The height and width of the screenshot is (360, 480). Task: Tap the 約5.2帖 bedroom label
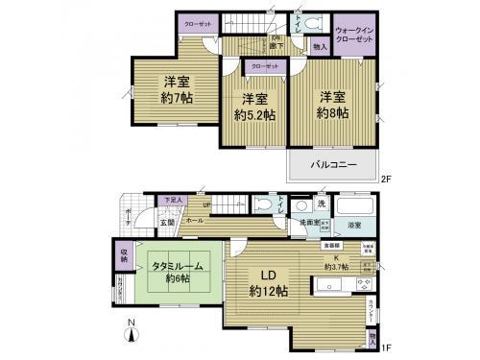pos(253,108)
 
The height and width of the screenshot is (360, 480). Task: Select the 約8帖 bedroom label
pos(332,106)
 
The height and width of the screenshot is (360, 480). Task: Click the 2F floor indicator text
pos(385,178)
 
